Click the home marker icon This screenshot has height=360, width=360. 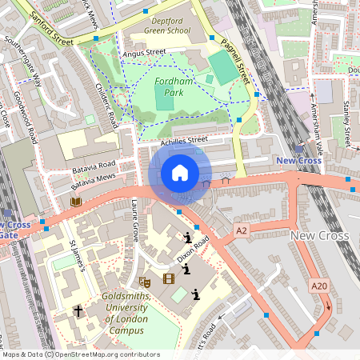pyautogui.click(x=180, y=173)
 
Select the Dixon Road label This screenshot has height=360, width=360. pyautogui.click(x=194, y=250)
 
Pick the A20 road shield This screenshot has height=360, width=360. pyautogui.click(x=319, y=286)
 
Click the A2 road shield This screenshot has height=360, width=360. pyautogui.click(x=242, y=230)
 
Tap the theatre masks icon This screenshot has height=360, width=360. pyautogui.click(x=145, y=281)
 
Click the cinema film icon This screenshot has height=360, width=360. pyautogui.click(x=168, y=278)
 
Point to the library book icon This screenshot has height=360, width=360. pyautogui.click(x=76, y=202)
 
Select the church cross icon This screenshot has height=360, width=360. pyautogui.click(x=78, y=310)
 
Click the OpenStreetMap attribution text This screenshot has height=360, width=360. pyautogui.click(x=80, y=354)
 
